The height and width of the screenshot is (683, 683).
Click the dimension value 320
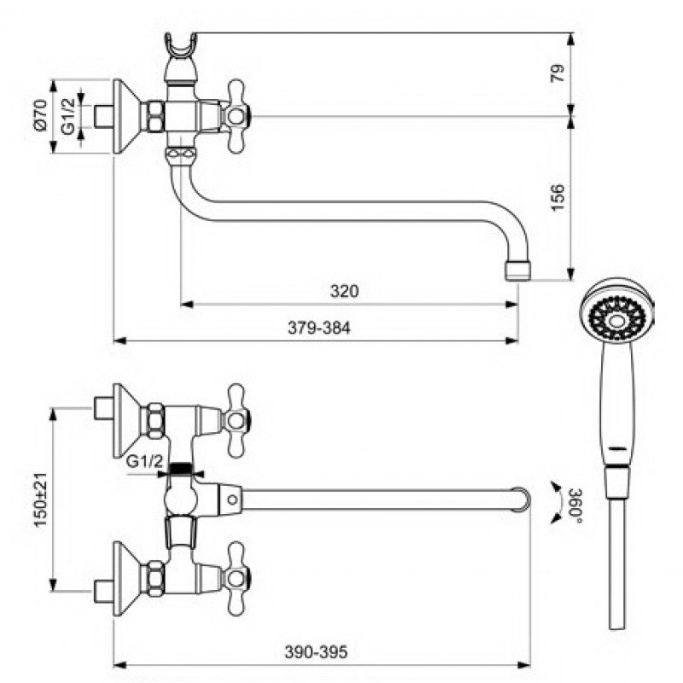[x=344, y=291]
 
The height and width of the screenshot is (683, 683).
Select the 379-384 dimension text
[x=318, y=328]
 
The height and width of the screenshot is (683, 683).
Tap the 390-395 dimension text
[x=316, y=652]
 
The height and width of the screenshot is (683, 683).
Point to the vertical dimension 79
[x=557, y=73]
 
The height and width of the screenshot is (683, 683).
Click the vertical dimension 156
[x=557, y=198]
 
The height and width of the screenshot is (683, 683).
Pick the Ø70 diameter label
[x=40, y=114]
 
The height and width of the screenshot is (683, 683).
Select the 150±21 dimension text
[x=40, y=499]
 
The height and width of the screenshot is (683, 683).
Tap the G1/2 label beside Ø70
[x=68, y=115]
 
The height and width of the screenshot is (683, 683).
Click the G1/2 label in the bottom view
[x=144, y=461]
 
